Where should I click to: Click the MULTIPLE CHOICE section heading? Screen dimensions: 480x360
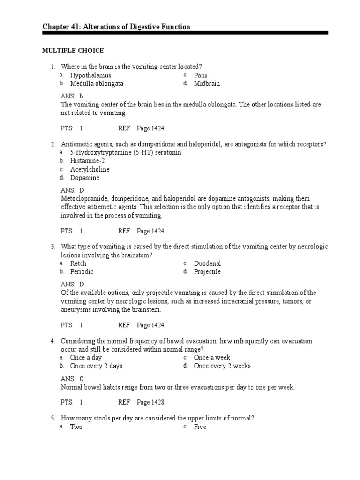point(73,51)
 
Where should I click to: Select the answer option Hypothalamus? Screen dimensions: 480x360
point(90,75)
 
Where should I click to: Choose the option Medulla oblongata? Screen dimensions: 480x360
point(97,83)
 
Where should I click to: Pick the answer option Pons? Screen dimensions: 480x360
point(201,75)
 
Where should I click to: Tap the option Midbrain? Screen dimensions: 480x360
point(207,83)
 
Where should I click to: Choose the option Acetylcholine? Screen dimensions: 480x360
point(90,169)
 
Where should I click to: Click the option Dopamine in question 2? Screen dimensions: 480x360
point(85,178)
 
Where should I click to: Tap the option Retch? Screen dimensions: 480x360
point(78,263)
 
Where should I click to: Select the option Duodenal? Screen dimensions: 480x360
point(207,263)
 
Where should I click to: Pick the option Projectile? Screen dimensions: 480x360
point(207,272)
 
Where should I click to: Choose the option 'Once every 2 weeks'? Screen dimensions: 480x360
point(222,366)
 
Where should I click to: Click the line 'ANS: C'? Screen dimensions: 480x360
point(72,378)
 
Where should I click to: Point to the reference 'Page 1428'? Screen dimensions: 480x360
point(150,402)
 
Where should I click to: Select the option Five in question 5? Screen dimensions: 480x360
point(200,427)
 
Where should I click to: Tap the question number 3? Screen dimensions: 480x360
point(53,247)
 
